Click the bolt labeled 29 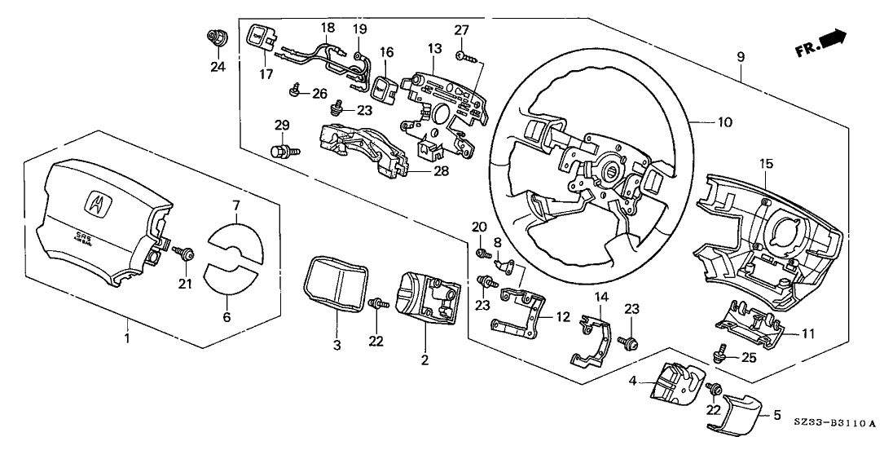(x=279, y=150)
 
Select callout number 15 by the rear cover (x=765, y=164)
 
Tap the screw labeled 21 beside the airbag (x=184, y=255)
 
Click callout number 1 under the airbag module (x=127, y=337)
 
